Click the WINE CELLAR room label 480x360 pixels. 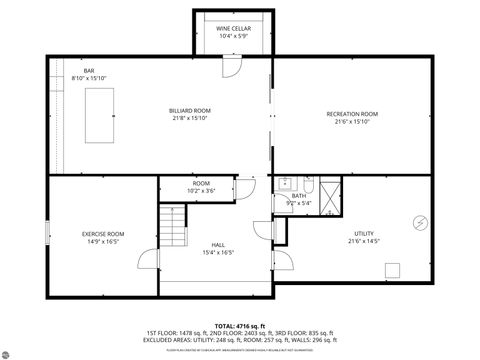click(233, 29)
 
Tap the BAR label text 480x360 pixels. click(89, 70)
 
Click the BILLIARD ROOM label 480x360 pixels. click(188, 110)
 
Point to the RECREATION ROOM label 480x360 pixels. click(352, 114)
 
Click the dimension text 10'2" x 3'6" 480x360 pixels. click(202, 190)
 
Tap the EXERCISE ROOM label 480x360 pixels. click(103, 234)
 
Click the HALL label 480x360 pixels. click(218, 245)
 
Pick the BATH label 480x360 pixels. click(299, 196)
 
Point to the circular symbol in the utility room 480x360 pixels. click(419, 221)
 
